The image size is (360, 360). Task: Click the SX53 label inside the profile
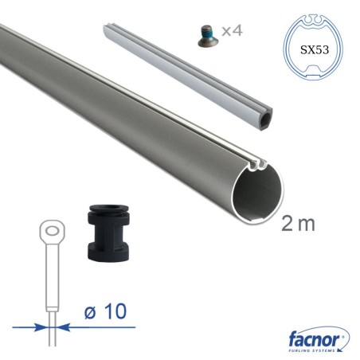click(x=315, y=49)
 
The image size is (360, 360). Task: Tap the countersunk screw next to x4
click(x=208, y=36)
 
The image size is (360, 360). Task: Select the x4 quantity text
click(x=232, y=30)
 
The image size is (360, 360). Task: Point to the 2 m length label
click(x=298, y=223)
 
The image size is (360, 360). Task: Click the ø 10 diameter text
click(x=106, y=311)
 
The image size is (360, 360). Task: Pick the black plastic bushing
click(x=108, y=233)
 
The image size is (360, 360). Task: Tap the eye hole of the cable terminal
click(x=53, y=231)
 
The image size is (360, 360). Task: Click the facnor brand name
click(x=314, y=339)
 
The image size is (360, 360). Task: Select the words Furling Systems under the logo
click(x=311, y=350)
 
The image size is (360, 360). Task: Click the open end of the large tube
click(x=257, y=194)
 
